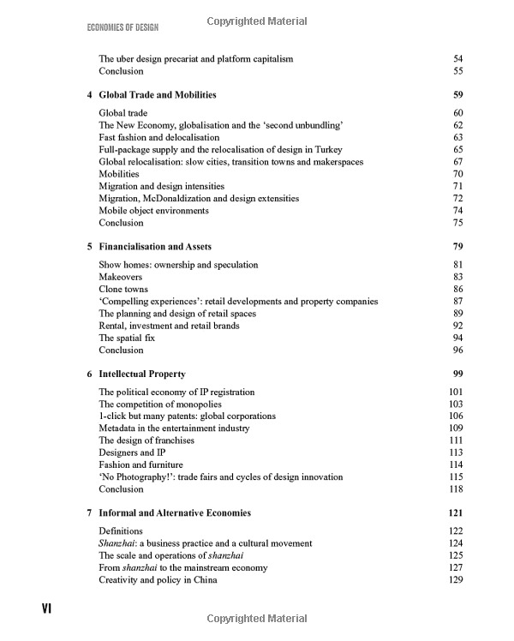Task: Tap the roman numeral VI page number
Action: [49, 608]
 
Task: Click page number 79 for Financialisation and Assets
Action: [457, 247]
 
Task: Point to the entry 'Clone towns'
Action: [124, 290]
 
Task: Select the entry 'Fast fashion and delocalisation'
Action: [159, 137]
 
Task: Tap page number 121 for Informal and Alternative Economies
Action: [455, 512]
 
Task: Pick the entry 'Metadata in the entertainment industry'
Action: [174, 428]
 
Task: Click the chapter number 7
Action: [90, 512]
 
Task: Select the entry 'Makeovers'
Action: [121, 278]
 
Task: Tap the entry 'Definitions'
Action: [121, 531]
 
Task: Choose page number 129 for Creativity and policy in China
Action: [455, 579]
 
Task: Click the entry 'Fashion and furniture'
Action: [141, 464]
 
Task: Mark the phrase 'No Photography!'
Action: [136, 476]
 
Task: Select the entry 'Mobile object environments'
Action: [153, 210]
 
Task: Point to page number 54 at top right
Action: [457, 59]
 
